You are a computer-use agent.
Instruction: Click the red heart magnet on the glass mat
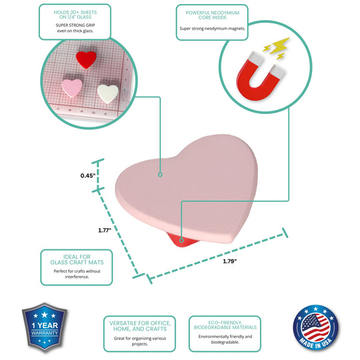pyautogui.click(x=86, y=59)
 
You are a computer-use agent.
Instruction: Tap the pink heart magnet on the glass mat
pyautogui.click(x=71, y=88)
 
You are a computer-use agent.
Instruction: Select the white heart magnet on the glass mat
pyautogui.click(x=108, y=94)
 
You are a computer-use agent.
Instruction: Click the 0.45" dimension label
pyautogui.click(x=88, y=175)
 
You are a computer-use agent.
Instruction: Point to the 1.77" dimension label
pyautogui.click(x=105, y=230)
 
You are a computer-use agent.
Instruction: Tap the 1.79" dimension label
pyautogui.click(x=229, y=261)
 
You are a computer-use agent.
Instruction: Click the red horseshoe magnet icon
pyautogui.click(x=261, y=77)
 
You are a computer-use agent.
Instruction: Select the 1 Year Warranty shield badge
pyautogui.click(x=45, y=327)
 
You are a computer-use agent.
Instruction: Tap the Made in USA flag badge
pyautogui.click(x=316, y=327)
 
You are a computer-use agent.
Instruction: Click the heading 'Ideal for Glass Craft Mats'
pyautogui.click(x=77, y=260)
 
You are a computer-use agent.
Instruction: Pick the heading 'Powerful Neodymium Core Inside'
pyautogui.click(x=213, y=15)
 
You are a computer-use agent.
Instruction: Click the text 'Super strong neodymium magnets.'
pyautogui.click(x=213, y=29)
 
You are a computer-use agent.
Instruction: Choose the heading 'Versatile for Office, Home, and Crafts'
pyautogui.click(x=140, y=326)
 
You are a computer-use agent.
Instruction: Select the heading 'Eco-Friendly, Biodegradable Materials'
pyautogui.click(x=225, y=325)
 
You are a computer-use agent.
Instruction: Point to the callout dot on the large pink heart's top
pyautogui.click(x=160, y=175)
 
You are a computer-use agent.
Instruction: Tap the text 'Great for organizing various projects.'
pyautogui.click(x=140, y=341)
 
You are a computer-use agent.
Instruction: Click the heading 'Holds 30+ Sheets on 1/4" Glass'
pyautogui.click(x=75, y=15)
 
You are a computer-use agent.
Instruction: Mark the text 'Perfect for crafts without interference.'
pyautogui.click(x=77, y=274)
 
